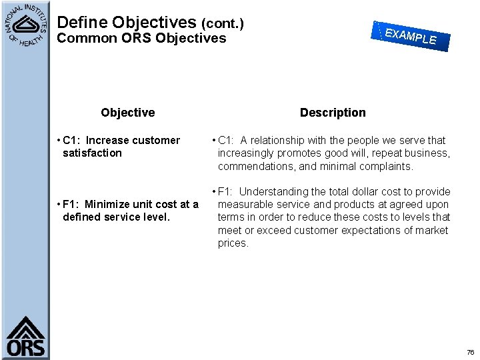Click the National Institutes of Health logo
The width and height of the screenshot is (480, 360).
[25, 25]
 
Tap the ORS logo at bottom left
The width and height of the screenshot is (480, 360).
[25, 337]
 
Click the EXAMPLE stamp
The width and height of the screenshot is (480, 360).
[411, 35]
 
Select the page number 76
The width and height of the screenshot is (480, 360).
[470, 352]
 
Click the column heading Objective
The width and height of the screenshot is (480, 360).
[127, 113]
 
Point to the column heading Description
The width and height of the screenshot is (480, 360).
[333, 113]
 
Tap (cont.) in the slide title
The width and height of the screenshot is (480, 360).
[223, 24]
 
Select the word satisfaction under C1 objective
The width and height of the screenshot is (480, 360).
[92, 153]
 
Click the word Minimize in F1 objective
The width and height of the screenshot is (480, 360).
[107, 205]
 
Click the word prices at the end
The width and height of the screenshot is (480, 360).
[233, 243]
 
